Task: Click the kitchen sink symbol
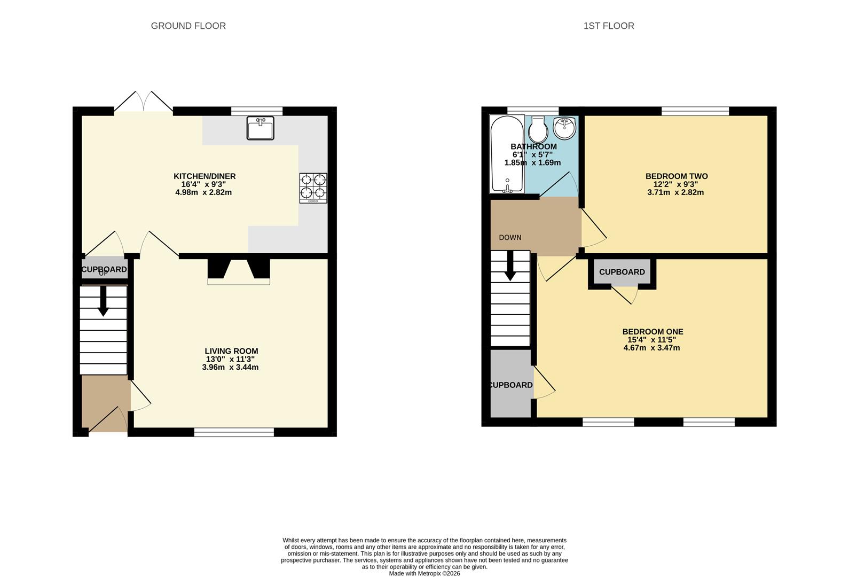260,128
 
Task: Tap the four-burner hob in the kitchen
313,188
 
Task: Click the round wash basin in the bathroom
564,128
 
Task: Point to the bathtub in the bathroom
507,154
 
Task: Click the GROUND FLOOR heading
188,26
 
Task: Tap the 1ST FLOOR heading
609,26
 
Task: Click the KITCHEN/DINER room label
205,176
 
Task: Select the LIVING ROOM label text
231,352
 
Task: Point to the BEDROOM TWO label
677,176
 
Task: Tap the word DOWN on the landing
510,238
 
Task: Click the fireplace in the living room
239,271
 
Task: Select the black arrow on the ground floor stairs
103,301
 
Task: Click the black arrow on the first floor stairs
510,266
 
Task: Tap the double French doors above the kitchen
144,102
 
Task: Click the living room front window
234,432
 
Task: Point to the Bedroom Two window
695,111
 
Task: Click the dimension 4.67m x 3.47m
651,348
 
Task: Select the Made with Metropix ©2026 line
424,574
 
